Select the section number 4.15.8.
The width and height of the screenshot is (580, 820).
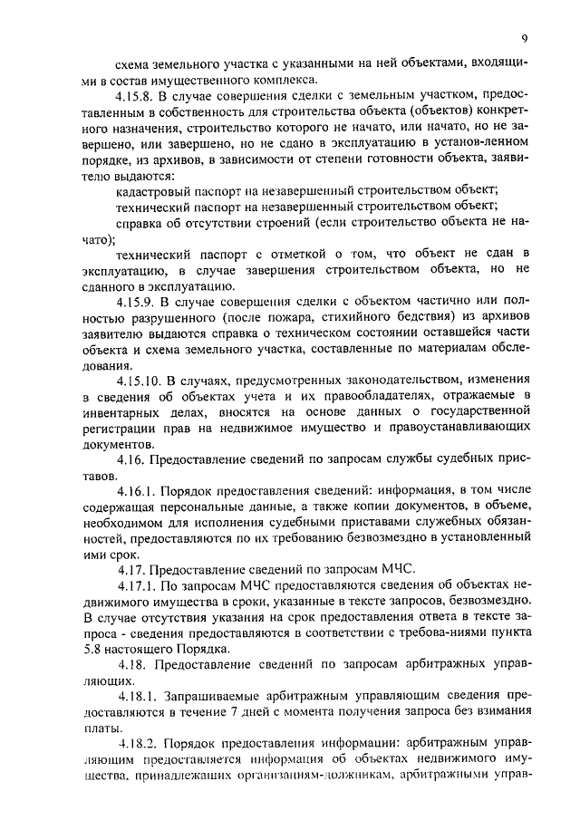point(138,94)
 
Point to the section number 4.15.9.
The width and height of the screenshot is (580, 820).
point(138,300)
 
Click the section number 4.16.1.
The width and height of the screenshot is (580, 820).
point(138,490)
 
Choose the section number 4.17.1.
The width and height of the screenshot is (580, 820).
point(138,584)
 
